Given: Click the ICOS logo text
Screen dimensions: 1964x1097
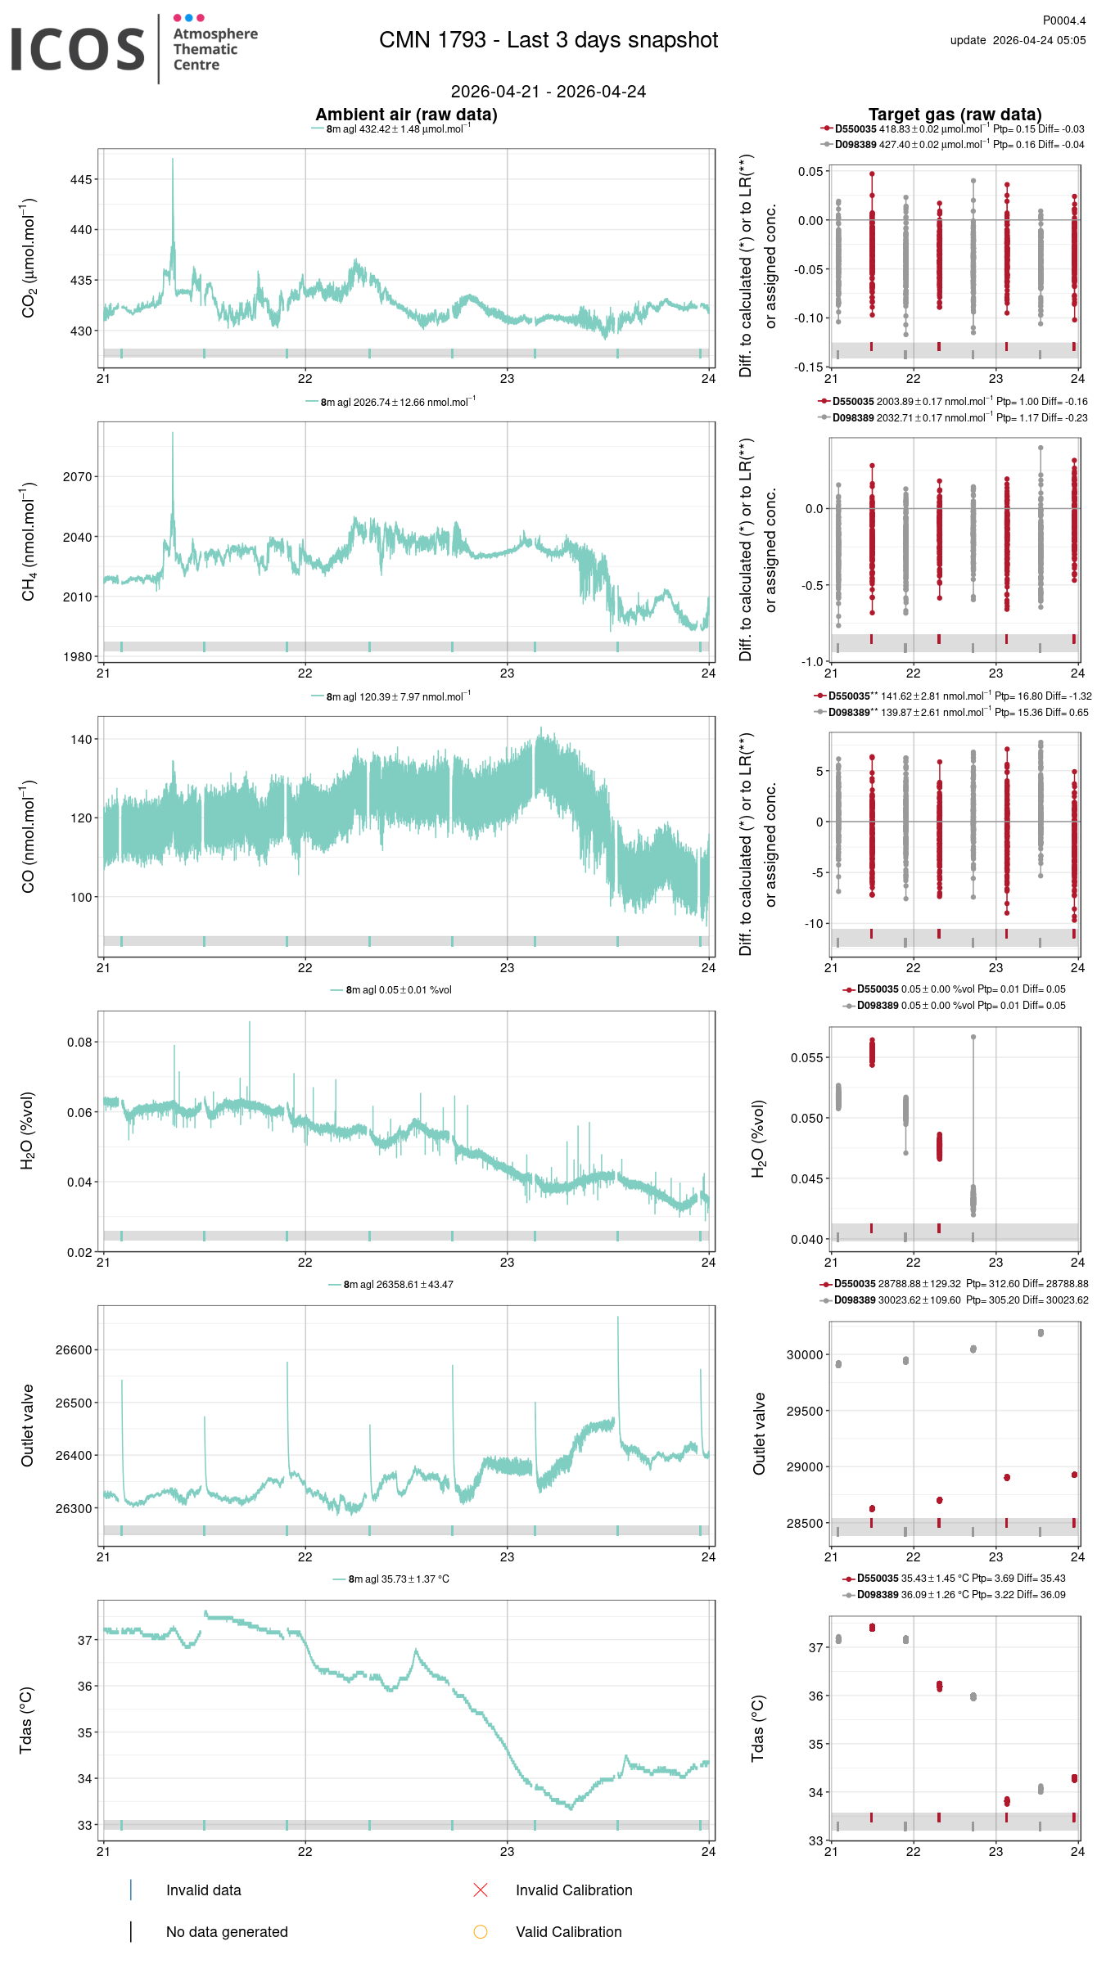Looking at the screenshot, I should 78,49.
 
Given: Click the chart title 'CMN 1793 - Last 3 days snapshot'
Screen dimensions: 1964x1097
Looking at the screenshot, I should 548,40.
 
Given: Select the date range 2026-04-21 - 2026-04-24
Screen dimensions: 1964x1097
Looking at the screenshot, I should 548,92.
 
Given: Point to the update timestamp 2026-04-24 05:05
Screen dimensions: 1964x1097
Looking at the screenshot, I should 1018,40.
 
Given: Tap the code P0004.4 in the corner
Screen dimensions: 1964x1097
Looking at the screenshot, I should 1063,20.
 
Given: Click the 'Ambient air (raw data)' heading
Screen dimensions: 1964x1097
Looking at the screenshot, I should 406,115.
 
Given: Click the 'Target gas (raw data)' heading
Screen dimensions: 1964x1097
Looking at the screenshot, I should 955,115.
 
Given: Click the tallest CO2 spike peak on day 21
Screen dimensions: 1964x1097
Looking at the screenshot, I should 173,160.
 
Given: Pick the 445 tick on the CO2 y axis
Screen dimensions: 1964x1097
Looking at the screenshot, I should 81,179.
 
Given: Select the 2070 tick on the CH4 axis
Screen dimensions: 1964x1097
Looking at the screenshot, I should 79,476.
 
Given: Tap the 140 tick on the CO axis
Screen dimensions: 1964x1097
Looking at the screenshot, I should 81,739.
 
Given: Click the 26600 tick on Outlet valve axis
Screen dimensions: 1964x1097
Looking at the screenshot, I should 74,1350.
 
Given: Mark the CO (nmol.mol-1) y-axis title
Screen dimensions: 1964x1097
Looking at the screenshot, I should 29,836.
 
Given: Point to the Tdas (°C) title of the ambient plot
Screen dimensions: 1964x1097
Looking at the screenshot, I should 26,1719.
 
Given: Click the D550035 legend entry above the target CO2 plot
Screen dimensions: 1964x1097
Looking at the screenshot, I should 855,129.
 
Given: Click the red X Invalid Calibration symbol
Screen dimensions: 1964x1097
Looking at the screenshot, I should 481,1890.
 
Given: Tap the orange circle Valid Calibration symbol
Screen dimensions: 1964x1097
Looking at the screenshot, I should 481,1931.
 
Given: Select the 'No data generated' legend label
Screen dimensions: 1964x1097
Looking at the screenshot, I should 227,1931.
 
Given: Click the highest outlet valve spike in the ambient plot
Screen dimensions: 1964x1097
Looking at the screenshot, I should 618,1318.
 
